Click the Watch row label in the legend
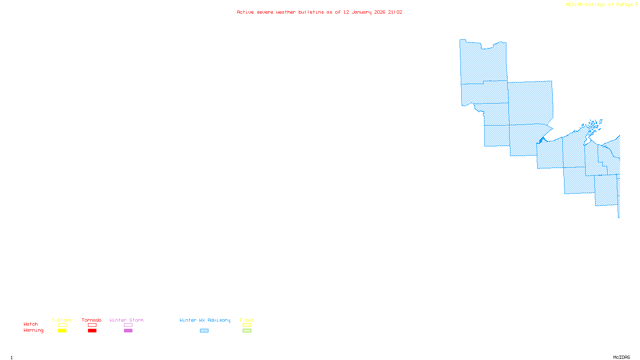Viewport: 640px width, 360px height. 31,324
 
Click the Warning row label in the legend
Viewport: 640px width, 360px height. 33,330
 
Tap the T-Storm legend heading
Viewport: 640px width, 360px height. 62,320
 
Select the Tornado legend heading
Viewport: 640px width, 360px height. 92,320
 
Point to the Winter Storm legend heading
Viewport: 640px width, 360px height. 126,320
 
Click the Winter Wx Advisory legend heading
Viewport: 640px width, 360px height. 205,320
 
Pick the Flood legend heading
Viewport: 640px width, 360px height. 247,320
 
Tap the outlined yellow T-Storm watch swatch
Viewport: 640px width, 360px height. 62,325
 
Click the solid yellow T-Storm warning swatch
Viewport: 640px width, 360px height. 62,331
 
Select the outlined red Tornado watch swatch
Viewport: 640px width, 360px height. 92,325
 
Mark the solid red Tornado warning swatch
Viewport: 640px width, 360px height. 92,331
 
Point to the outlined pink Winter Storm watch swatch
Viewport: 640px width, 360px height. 128,325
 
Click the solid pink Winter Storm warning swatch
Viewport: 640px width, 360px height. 128,331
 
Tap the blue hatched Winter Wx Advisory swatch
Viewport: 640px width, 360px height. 204,331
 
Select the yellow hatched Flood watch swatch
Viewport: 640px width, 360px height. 247,325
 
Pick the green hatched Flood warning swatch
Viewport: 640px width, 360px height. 247,331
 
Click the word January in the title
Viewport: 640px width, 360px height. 361,12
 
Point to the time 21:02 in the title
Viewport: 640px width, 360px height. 395,12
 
